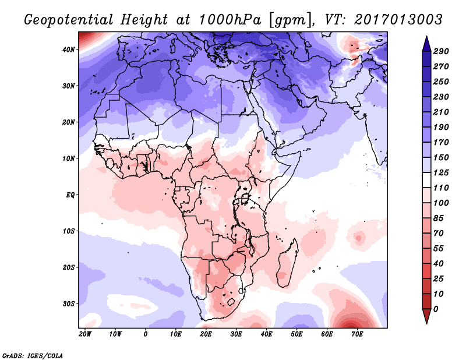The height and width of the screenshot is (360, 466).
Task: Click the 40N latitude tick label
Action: click(x=69, y=50)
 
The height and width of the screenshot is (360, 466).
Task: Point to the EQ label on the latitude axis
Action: click(x=70, y=195)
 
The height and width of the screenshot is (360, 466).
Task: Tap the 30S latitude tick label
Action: click(x=69, y=303)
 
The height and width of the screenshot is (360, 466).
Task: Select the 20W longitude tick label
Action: click(x=85, y=334)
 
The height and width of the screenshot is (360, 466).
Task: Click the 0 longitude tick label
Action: click(x=146, y=334)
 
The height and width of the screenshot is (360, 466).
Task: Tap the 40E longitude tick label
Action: click(x=266, y=334)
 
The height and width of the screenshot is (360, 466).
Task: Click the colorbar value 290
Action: click(x=442, y=52)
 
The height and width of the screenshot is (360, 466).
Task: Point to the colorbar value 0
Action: click(x=437, y=308)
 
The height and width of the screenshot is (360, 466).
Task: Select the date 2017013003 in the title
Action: click(x=394, y=20)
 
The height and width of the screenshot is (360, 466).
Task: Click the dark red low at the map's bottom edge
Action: click(x=351, y=324)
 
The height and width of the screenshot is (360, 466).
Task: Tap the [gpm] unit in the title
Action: click(x=286, y=20)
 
